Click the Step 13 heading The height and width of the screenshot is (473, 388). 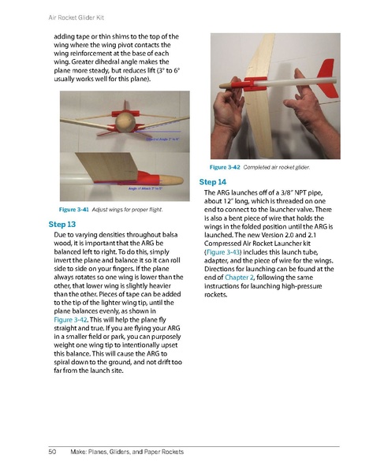coord(62,225)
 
